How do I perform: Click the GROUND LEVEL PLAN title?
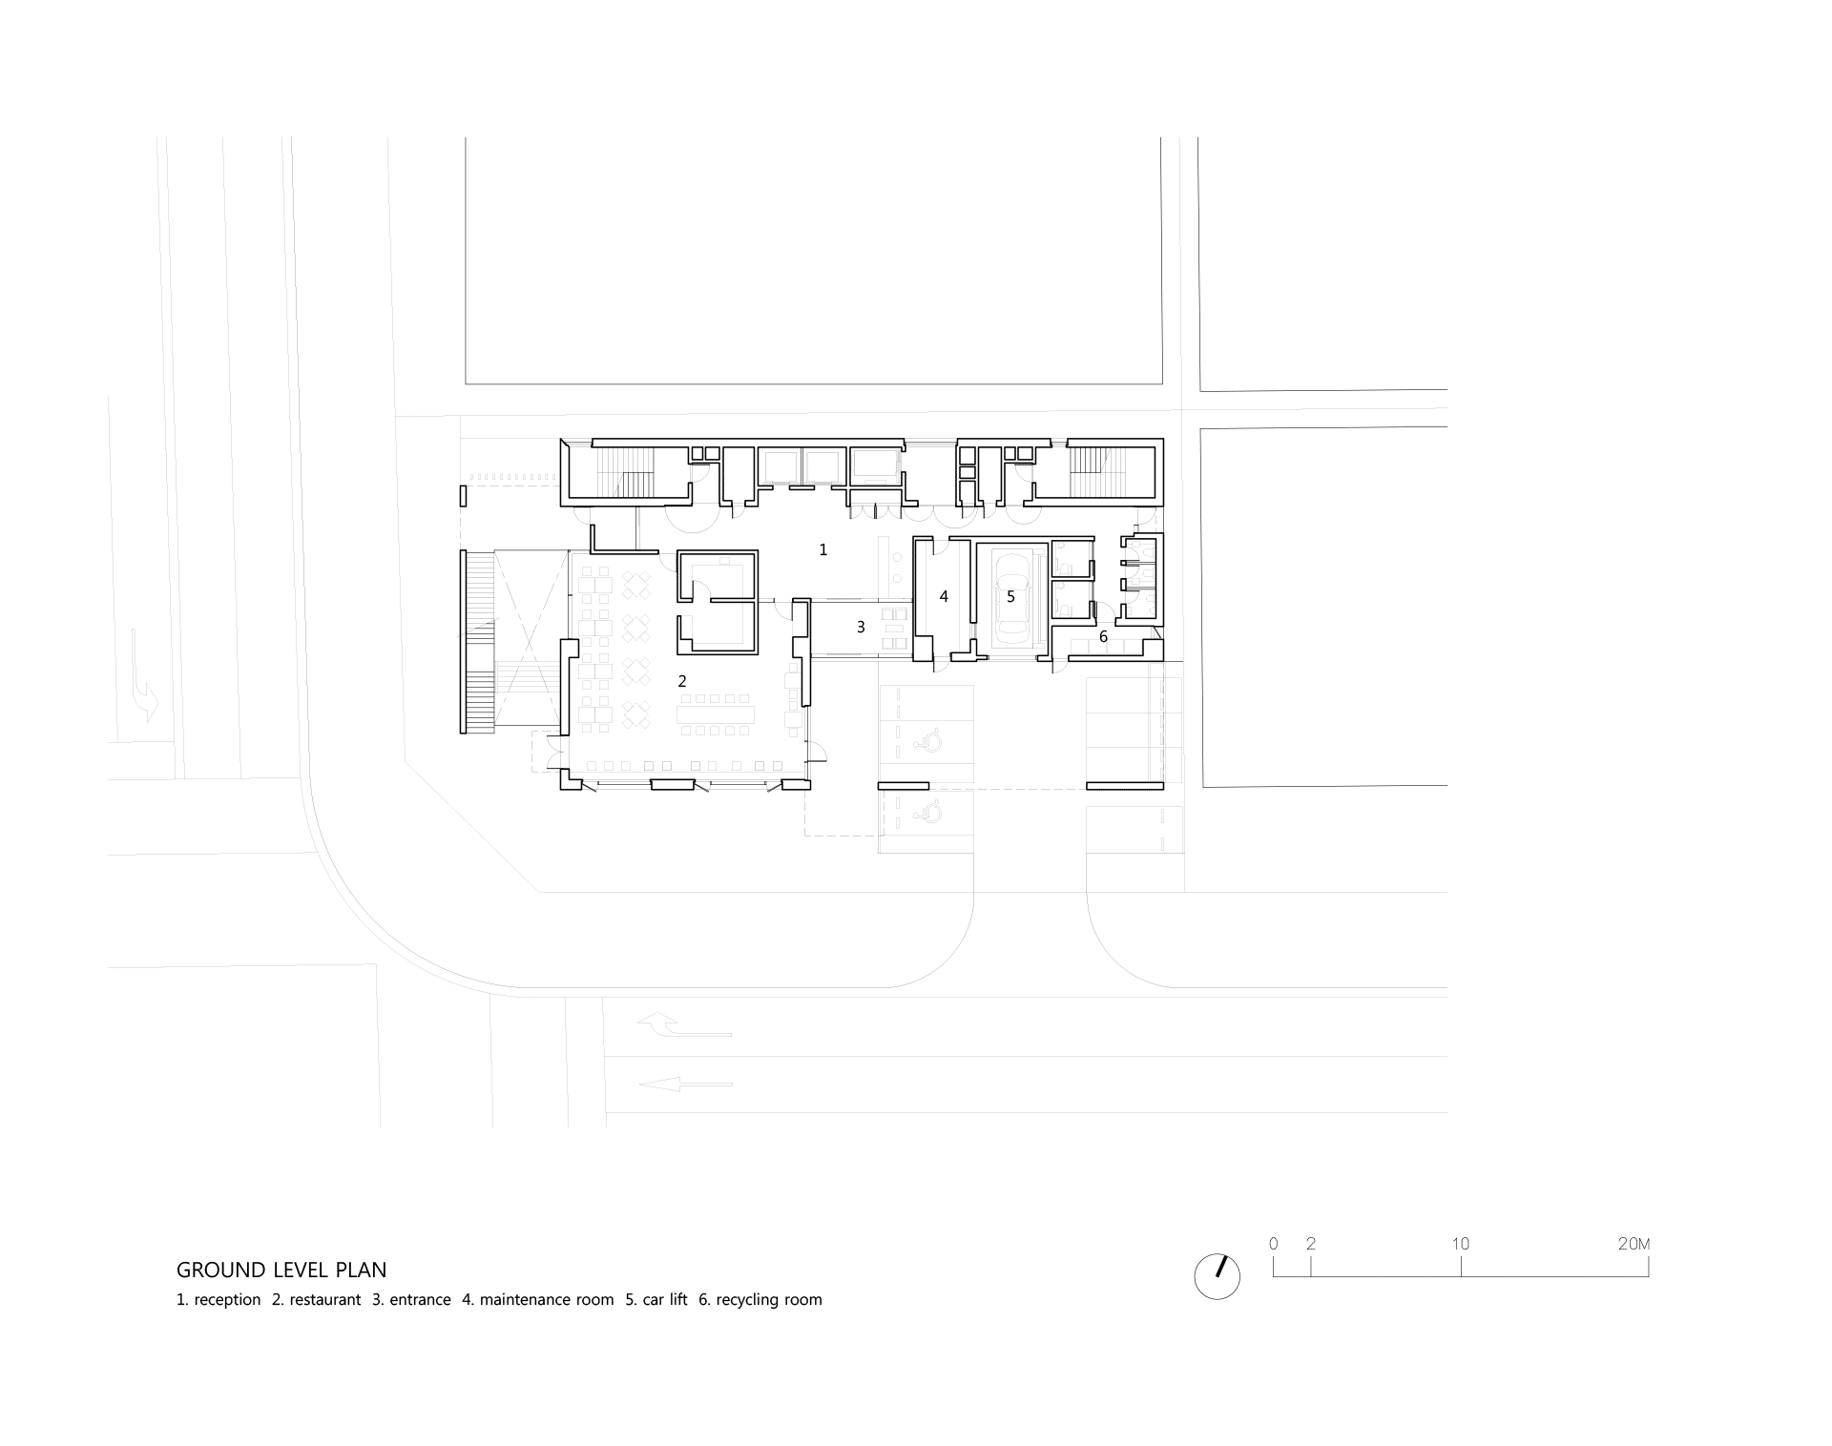[281, 1270]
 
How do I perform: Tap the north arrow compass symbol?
[1217, 1275]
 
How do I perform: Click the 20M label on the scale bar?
[1634, 1244]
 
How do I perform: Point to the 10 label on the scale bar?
[1461, 1244]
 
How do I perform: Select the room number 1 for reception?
[823, 549]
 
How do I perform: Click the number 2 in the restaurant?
[682, 681]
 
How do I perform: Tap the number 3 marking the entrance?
[861, 627]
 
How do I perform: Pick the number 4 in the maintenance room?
[944, 596]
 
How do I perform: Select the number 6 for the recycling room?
[1104, 636]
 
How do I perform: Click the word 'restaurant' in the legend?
[325, 1299]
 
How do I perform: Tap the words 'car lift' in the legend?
[665, 1299]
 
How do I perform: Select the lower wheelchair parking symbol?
[926, 811]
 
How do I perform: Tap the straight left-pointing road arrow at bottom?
[686, 1084]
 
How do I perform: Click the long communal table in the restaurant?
[716, 713]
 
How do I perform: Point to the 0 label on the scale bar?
[1274, 1244]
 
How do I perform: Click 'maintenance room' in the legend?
[547, 1299]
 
